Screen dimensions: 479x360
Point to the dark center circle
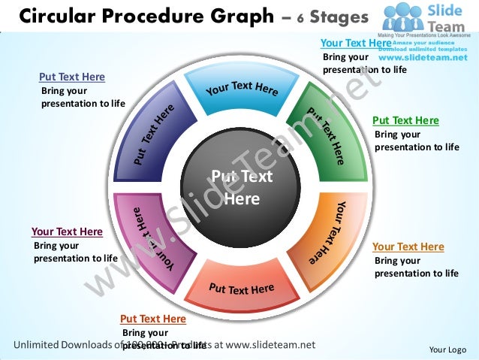(x=241, y=188)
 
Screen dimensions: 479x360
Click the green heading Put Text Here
(x=405, y=120)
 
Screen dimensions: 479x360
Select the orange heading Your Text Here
(x=408, y=247)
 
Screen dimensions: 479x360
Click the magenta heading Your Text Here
(x=67, y=231)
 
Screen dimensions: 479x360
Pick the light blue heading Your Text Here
(x=355, y=44)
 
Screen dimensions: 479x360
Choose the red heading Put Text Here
(x=152, y=319)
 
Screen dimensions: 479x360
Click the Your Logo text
(x=447, y=349)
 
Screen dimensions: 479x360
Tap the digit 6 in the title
(x=299, y=17)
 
